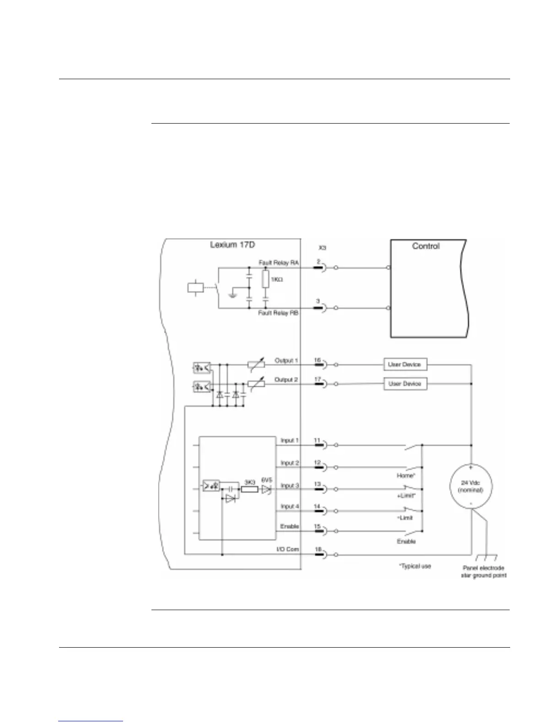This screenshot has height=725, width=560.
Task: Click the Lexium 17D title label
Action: (232, 244)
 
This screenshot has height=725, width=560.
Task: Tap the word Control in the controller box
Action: (425, 246)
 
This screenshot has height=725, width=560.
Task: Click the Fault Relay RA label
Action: (279, 263)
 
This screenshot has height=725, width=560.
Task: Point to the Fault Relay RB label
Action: (279, 314)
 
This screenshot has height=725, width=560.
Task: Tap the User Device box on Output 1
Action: (405, 364)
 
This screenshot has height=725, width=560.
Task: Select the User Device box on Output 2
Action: (405, 384)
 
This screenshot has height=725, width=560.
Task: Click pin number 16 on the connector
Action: (318, 360)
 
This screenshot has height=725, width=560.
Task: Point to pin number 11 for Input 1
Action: (317, 440)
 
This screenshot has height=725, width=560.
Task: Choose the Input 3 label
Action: (290, 486)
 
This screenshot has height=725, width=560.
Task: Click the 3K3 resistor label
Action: (250, 482)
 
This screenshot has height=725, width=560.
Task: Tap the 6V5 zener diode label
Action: (266, 480)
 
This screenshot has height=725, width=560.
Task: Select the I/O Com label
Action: (288, 549)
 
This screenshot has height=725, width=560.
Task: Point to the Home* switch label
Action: (406, 476)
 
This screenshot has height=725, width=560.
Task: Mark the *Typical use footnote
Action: (415, 566)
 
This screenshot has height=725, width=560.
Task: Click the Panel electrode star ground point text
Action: (483, 572)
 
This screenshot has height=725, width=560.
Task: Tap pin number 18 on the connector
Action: (318, 549)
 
